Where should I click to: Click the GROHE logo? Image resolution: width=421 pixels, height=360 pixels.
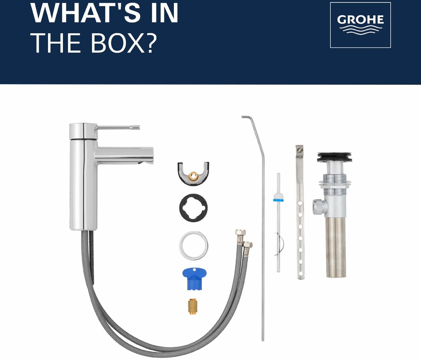click(x=360, y=25)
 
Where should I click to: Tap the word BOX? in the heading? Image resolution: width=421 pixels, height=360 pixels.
click(x=123, y=43)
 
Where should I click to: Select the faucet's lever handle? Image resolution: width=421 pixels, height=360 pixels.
click(x=118, y=127)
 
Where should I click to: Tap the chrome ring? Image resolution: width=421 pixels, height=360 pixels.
click(x=194, y=245)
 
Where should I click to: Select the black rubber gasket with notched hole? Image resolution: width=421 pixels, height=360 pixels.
click(x=194, y=208)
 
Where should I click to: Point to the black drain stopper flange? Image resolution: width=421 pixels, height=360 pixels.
click(x=335, y=157)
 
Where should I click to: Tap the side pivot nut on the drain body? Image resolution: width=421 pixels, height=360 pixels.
click(x=318, y=207)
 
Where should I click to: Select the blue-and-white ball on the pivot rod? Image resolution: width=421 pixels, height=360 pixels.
click(x=278, y=197)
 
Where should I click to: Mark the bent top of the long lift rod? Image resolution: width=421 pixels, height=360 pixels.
click(x=248, y=117)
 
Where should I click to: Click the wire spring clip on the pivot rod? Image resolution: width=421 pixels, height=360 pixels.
click(x=279, y=244)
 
